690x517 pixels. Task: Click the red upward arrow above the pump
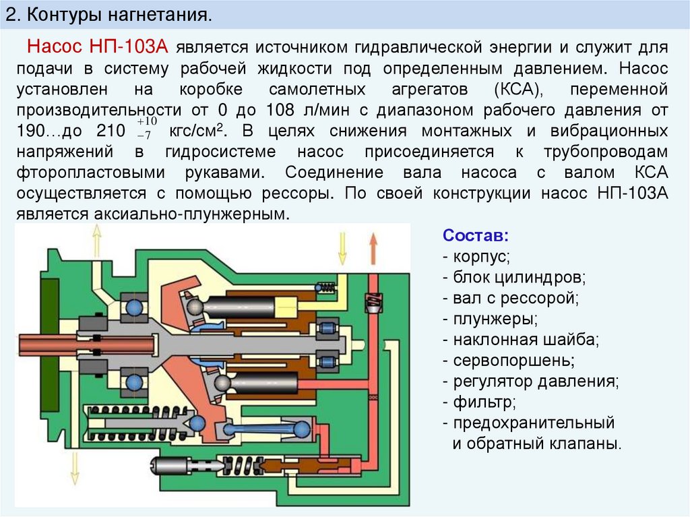(x=373, y=248)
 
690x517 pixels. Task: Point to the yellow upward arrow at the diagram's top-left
(x=96, y=240)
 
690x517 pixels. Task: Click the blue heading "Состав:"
(x=476, y=237)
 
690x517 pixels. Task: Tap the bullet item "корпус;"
(x=481, y=257)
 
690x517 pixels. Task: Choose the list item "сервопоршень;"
(x=512, y=360)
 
